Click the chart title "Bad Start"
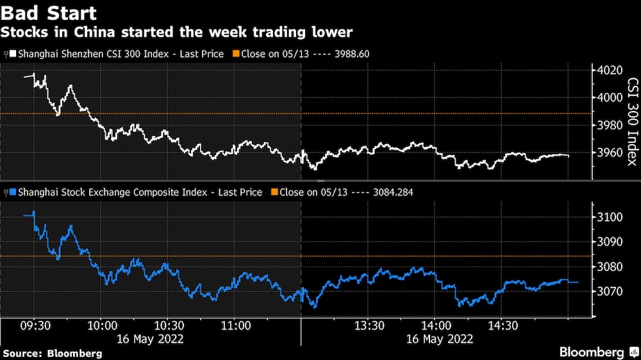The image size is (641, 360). (49, 13)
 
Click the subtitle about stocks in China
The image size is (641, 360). (178, 31)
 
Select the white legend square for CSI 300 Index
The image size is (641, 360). (11, 54)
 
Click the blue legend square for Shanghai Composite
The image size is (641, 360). (11, 192)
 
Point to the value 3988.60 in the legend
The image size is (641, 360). (351, 54)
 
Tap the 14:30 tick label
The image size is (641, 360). (503, 325)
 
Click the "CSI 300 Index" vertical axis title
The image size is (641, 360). (631, 122)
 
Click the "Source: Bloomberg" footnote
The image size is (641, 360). (53, 353)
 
